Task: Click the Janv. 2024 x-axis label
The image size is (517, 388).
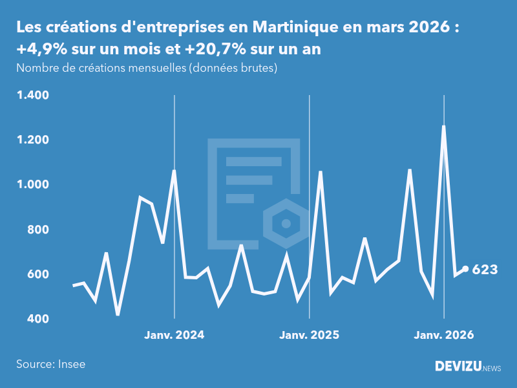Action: pos(174,335)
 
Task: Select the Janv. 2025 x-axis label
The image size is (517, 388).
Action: pos(309,335)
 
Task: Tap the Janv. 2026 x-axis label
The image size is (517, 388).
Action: pos(443,335)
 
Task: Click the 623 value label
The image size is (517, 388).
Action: pos(485,270)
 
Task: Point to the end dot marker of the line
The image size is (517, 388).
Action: pos(465,269)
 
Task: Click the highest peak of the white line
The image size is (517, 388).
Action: pos(443,127)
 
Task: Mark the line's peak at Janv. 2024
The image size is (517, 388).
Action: pos(174,171)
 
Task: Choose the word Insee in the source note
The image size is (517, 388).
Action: pos(71,364)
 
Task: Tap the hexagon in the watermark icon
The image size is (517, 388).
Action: pos(285,224)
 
